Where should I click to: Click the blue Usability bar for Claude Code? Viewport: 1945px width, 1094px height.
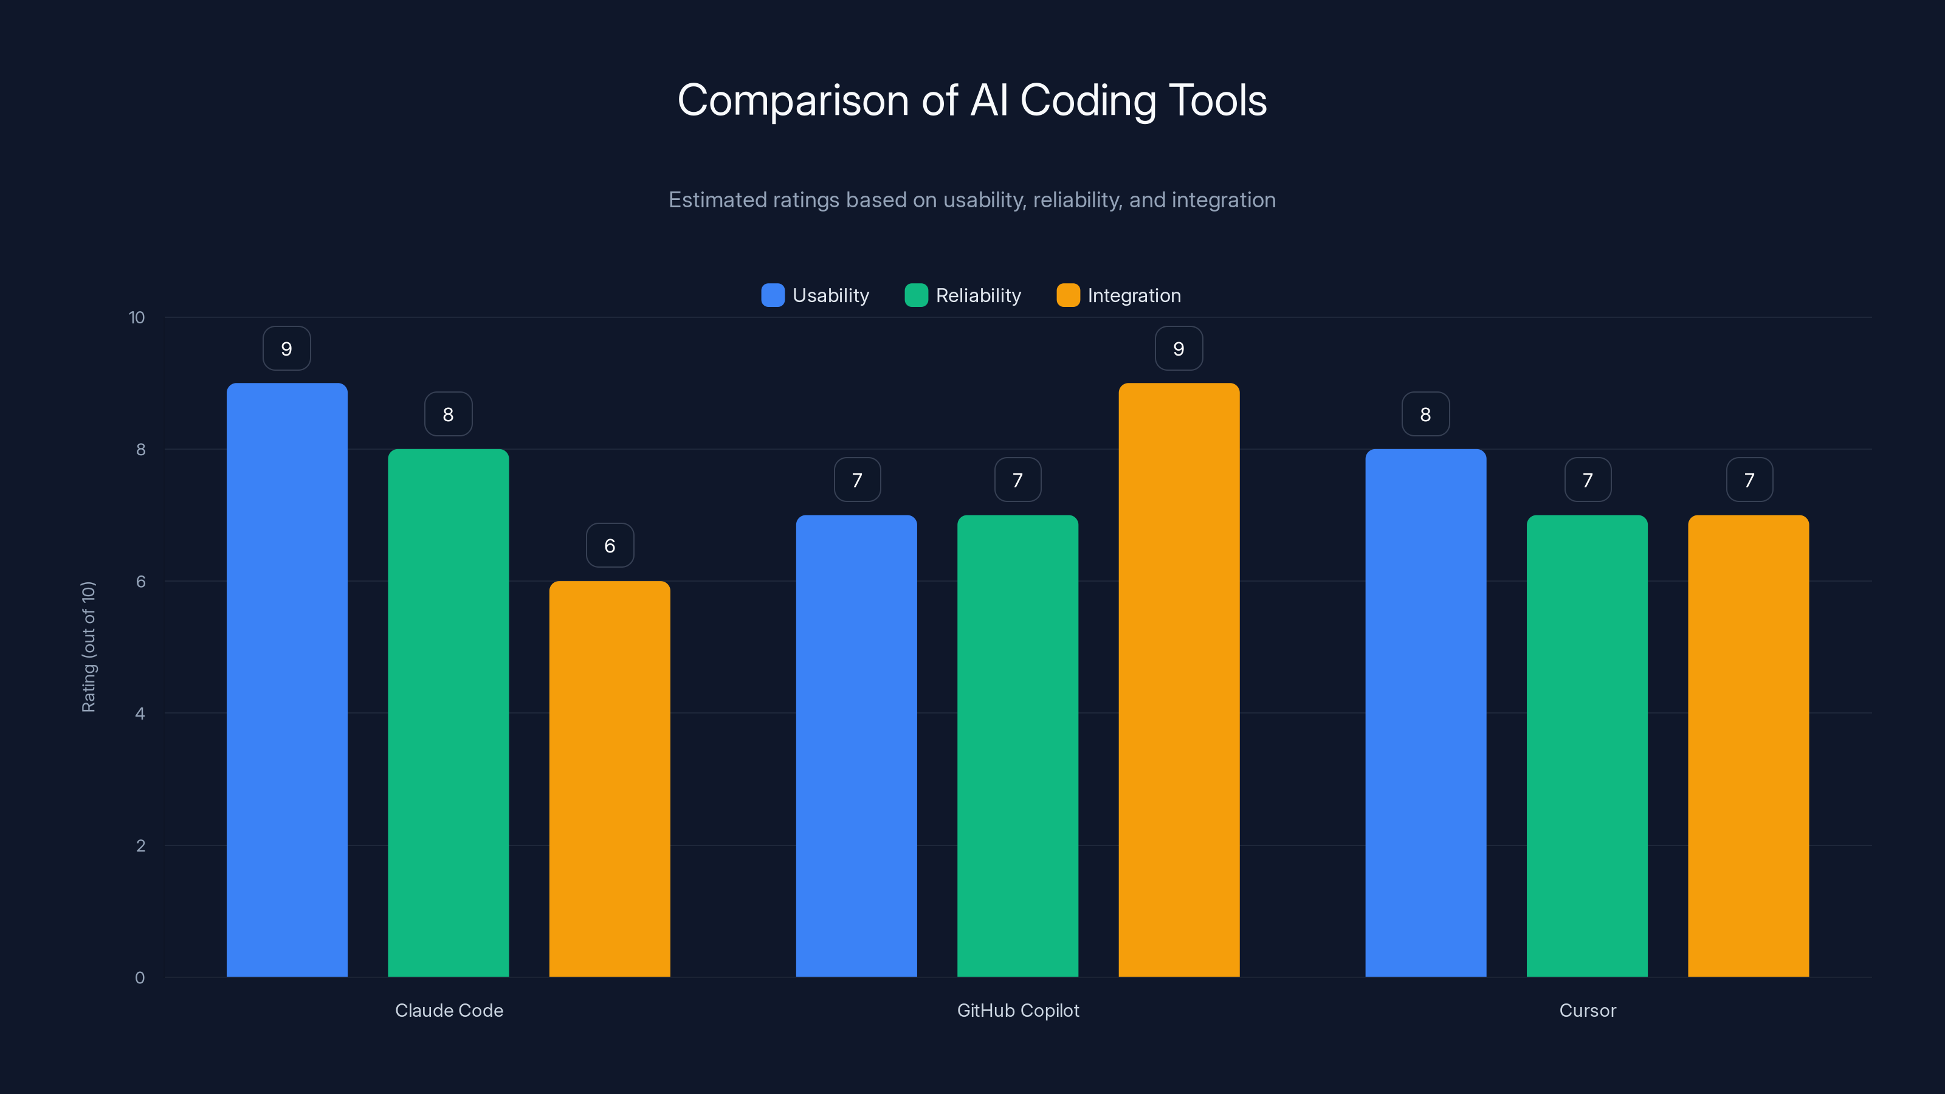(287, 679)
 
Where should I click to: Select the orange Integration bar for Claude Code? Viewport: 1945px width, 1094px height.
(609, 779)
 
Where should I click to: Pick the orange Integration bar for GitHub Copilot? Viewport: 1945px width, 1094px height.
(1179, 679)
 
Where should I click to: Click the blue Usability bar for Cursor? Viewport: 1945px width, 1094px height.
(1425, 713)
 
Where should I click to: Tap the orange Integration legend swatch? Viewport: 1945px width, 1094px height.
(1068, 295)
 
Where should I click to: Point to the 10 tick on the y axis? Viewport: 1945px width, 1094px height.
(137, 318)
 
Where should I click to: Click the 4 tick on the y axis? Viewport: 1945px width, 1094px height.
(140, 714)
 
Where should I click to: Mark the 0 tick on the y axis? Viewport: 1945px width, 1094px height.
(140, 978)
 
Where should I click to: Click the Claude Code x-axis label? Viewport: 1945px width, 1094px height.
(449, 1010)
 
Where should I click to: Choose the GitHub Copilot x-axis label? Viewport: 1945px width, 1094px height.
(1018, 1010)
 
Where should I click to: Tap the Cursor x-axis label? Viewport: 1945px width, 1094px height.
(1587, 1010)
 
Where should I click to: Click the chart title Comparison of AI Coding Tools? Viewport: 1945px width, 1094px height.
(972, 100)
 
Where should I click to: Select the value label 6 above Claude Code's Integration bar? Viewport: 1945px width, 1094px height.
(609, 545)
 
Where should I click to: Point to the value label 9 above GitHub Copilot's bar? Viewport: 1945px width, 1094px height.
(1179, 348)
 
